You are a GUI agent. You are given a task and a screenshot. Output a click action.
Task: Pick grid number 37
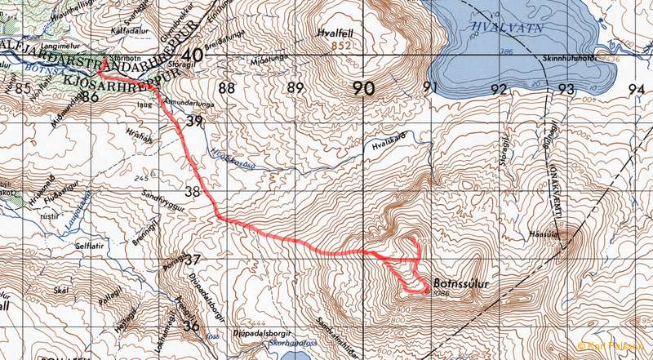[193, 260]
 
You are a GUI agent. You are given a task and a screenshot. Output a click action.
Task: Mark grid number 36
[193, 326]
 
